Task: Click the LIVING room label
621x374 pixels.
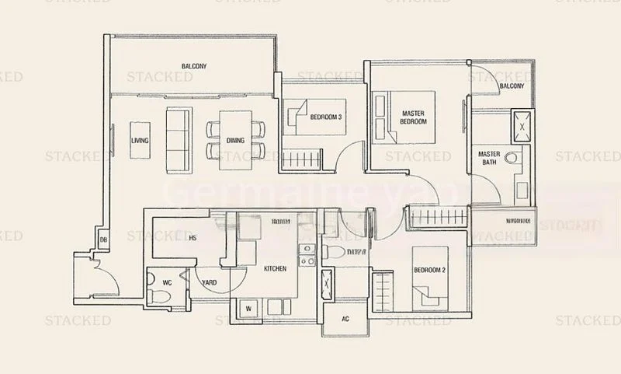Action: click(x=140, y=141)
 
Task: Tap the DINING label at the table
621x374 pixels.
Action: click(x=235, y=141)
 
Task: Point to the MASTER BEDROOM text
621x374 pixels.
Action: click(x=414, y=117)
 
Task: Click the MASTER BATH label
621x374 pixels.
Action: click(x=489, y=159)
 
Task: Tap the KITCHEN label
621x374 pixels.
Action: click(x=276, y=268)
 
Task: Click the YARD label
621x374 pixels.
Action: click(x=210, y=283)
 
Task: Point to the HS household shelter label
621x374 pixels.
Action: click(x=192, y=238)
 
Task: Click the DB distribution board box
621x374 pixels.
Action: click(x=102, y=240)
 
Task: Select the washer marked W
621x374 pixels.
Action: click(x=248, y=308)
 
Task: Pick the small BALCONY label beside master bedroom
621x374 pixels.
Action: click(x=512, y=86)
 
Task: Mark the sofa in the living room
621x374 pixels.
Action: click(x=178, y=139)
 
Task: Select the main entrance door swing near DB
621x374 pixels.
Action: click(x=100, y=270)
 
